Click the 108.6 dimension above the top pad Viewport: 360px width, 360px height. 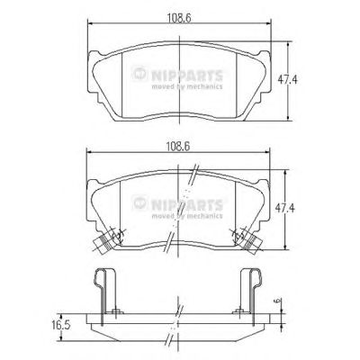click(179, 18)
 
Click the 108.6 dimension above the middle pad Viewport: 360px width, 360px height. click(178, 147)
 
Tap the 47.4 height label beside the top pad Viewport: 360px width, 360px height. click(287, 80)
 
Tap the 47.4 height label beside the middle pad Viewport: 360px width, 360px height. click(285, 208)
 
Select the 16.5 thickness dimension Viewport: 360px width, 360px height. click(60, 326)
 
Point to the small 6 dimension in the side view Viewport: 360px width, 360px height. click(277, 301)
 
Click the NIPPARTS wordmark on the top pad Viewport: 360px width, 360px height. click(187, 76)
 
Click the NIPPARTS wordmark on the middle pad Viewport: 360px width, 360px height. click(187, 205)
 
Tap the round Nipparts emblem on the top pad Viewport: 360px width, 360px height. click(140, 74)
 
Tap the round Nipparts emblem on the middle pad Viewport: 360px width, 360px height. click(140, 203)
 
